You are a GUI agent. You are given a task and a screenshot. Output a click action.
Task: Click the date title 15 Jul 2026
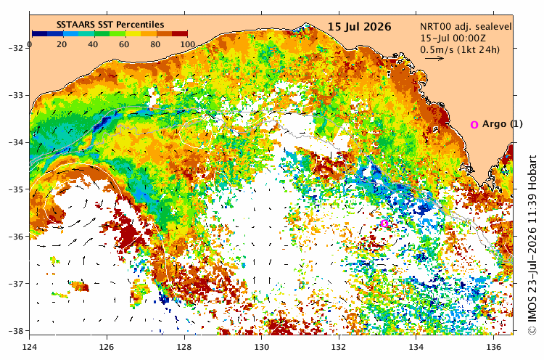pos(360,27)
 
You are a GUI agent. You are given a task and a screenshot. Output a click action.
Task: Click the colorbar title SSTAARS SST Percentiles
pos(110,25)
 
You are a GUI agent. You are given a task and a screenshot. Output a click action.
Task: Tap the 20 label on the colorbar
pos(62,44)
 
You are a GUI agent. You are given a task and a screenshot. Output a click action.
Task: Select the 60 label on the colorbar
pos(124,44)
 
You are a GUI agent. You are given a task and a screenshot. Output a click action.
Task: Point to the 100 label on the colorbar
pos(187,44)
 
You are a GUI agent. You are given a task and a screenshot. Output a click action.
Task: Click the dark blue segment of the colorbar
pos(40,33)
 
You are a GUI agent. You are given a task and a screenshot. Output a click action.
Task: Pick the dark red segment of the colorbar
pos(180,33)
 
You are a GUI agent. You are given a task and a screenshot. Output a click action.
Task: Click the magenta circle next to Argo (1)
pos(474,125)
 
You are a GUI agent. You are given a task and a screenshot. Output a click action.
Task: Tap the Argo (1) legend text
pos(503,124)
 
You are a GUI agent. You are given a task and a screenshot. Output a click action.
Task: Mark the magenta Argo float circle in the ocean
pos(384,224)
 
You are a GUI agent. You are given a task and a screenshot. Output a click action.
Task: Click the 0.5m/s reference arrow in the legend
pos(434,58)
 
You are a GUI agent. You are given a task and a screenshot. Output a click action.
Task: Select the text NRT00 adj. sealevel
pos(466,27)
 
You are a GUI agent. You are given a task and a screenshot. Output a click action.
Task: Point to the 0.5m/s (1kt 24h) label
pos(460,49)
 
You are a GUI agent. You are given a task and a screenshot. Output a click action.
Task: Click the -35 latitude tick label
pos(17,189)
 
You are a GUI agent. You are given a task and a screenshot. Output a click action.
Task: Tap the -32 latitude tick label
pos(17,48)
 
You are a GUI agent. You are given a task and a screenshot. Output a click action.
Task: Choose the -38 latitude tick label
pos(17,331)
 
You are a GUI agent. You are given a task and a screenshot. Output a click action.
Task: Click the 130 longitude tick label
pos(262,347)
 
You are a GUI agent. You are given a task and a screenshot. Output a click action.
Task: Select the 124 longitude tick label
pos(30,347)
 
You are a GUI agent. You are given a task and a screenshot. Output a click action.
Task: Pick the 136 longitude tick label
pos(494,347)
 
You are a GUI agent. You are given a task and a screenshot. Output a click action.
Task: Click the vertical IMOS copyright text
pos(532,245)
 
